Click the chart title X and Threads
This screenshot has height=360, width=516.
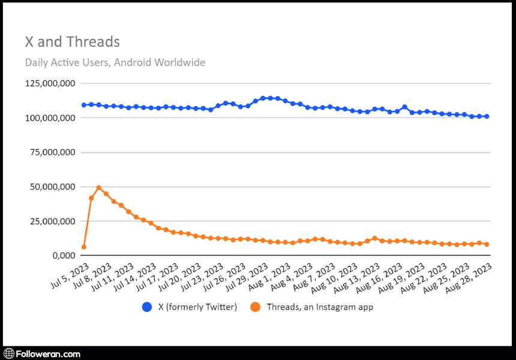tap(72, 42)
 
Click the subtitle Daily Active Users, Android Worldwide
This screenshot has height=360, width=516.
tap(115, 62)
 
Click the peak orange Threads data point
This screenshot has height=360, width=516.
tap(99, 188)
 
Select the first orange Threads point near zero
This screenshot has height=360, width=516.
tap(84, 247)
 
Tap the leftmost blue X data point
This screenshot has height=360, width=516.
tap(84, 105)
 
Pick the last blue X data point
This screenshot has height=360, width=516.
tap(487, 116)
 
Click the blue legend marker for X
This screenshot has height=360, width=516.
tap(147, 307)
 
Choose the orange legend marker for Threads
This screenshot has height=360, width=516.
tap(256, 307)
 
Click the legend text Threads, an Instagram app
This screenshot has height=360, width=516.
tap(320, 307)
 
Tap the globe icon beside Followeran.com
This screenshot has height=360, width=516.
tap(9, 353)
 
